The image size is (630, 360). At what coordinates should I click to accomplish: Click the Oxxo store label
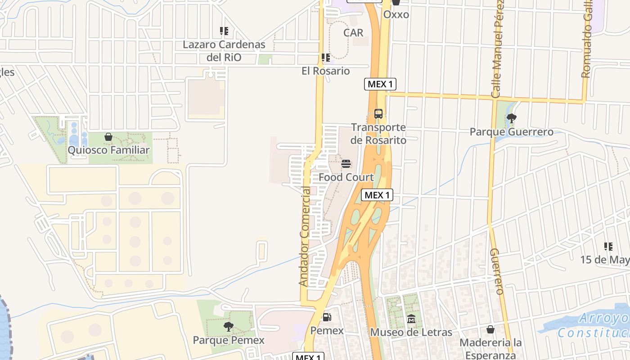coord(396,14)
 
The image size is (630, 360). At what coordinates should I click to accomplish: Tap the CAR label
coord(353,33)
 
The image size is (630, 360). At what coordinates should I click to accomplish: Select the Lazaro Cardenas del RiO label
coord(224,51)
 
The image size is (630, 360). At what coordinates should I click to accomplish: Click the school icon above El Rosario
coord(325,58)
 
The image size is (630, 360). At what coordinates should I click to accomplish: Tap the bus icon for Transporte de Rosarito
coord(378,114)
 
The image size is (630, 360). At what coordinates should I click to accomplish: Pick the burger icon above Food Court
coord(346,163)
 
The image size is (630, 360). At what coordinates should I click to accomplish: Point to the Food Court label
coord(346,177)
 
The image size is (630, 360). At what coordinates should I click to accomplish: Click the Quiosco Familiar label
coord(108,150)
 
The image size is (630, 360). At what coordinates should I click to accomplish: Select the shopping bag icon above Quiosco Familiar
coord(108,137)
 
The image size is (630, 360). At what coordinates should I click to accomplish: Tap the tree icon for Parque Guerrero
coord(511,118)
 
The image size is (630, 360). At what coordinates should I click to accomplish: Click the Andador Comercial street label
coord(305,237)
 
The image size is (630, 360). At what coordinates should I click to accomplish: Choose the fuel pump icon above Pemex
coord(327,317)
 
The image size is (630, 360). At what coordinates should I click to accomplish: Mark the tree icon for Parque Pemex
coord(229,327)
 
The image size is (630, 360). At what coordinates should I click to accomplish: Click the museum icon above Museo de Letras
coord(411,319)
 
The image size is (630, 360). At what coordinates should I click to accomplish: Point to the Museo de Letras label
coord(411,333)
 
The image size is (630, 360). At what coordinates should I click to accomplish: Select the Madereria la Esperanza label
coord(490,349)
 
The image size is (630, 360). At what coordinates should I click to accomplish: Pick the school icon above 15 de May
coord(608,247)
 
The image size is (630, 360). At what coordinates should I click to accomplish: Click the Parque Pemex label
coord(229,340)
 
